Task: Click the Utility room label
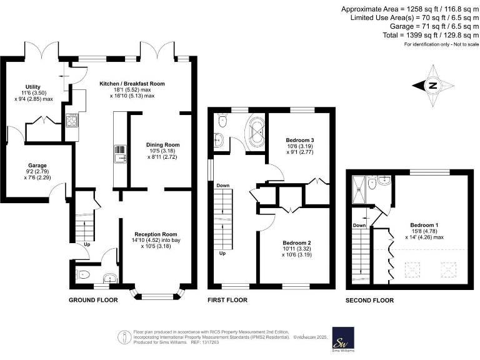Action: tap(32, 87)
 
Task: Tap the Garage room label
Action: tap(35, 166)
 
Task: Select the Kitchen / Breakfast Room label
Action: tap(132, 83)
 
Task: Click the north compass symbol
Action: tap(432, 86)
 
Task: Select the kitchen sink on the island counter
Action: tap(120, 152)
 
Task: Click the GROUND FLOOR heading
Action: tap(93, 300)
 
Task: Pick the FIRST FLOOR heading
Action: tap(227, 300)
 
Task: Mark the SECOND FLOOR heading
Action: tap(369, 301)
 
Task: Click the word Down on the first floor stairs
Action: tap(223, 186)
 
